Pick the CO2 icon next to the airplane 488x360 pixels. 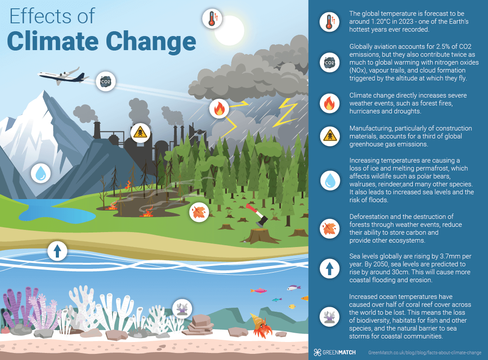coord(106,81)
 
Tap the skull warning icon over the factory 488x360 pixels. coord(141,132)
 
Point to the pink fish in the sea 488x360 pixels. coord(259,291)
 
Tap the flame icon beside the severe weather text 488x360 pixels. coord(328,104)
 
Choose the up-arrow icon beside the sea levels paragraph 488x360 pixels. coord(328,269)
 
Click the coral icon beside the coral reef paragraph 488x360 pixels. coord(328,316)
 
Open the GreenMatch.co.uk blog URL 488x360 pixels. coord(424,353)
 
